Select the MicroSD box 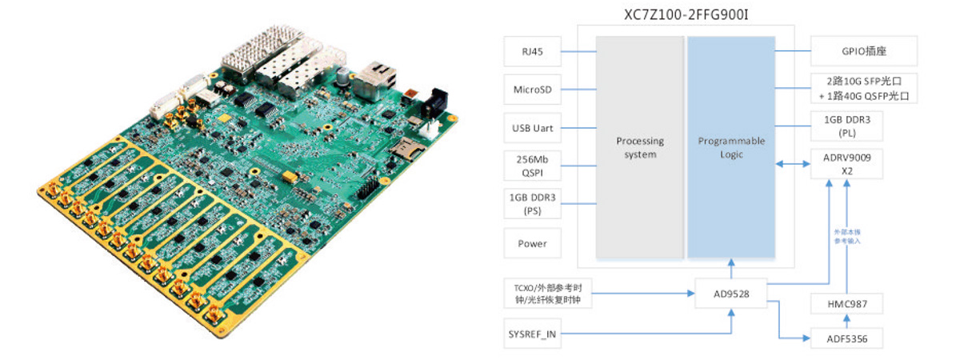[532, 90]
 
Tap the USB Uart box [532, 128]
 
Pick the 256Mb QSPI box [532, 165]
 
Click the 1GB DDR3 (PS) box [532, 202]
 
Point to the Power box [532, 243]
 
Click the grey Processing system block [639, 147]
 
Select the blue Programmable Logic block [731, 147]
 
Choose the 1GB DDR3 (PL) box [863, 126]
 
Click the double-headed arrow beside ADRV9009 [794, 165]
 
